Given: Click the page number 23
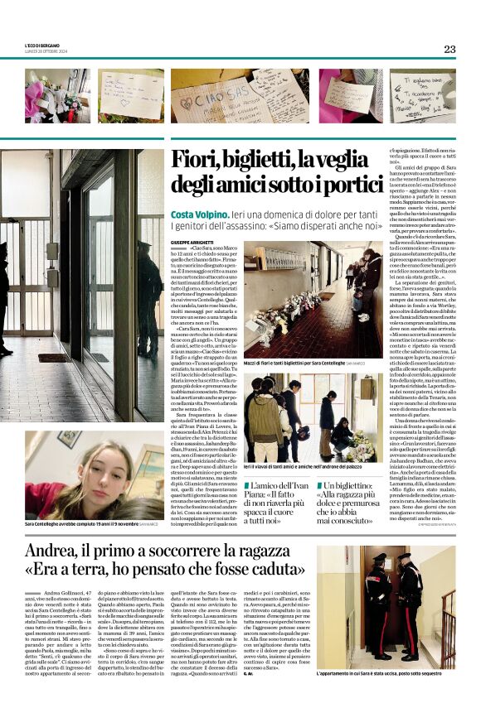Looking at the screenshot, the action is (449, 49).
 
